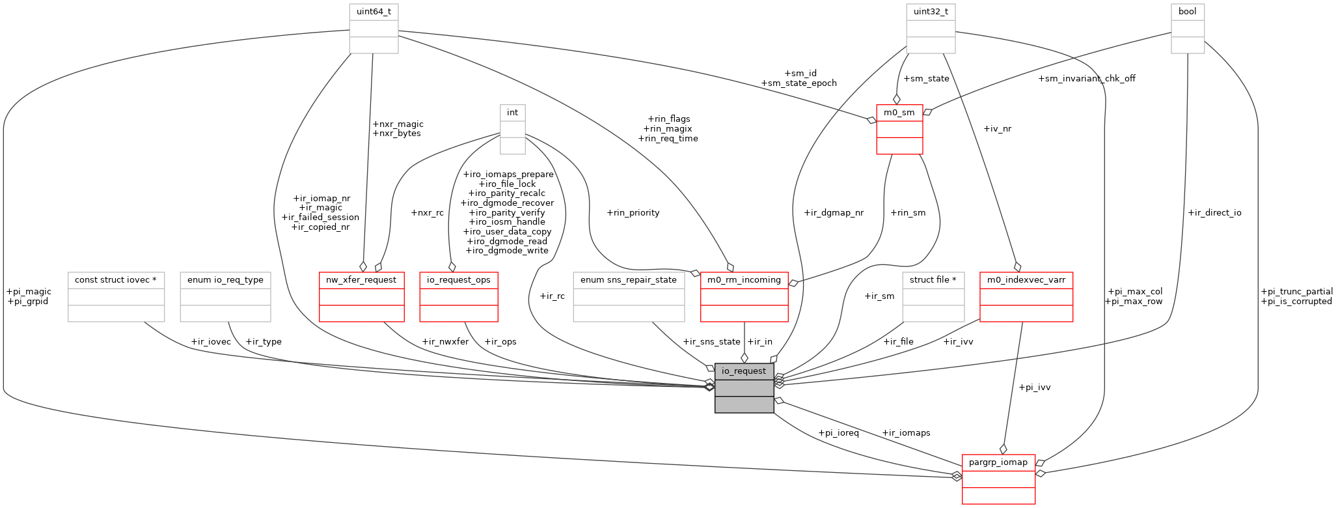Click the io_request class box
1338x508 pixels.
coord(744,388)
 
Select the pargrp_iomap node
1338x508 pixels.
coord(998,479)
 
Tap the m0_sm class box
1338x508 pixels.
coord(899,129)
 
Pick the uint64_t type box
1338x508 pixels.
coord(374,29)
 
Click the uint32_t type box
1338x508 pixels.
coord(931,29)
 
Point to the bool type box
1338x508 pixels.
coord(1188,29)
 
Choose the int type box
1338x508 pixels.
coord(513,129)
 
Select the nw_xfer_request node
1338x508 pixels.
coord(361,296)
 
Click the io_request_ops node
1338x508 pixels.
coord(459,296)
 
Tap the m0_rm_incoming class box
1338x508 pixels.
coord(744,296)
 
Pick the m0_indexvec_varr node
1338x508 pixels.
coord(1026,296)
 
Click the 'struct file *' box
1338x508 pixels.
coord(933,296)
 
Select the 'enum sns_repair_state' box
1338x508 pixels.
coord(629,296)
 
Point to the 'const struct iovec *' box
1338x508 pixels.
coord(116,296)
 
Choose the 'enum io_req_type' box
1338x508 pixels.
coord(225,296)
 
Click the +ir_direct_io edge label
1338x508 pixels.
coord(1214,212)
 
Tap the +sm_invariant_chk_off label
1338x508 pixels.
coord(1087,78)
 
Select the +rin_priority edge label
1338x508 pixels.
coord(633,212)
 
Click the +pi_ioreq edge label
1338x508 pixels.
coord(838,432)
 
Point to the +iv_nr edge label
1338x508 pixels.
coord(998,128)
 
